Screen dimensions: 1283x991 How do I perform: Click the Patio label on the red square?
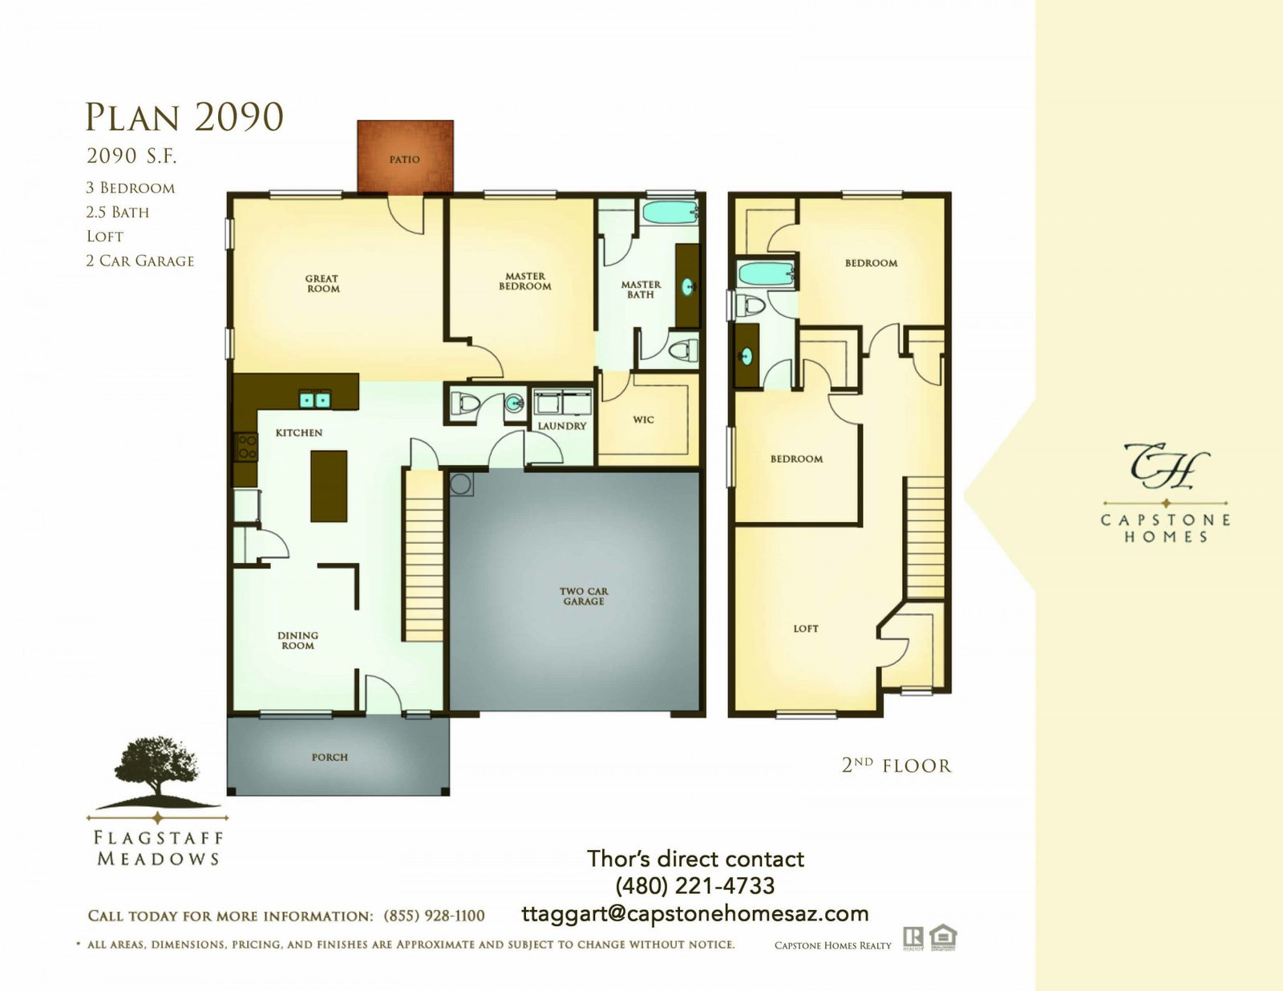[x=404, y=160]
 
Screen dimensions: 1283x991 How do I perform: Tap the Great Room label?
[x=322, y=283]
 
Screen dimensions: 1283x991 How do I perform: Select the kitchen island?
[x=329, y=486]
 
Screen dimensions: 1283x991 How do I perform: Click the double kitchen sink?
[x=314, y=399]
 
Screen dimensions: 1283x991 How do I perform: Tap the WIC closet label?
[x=643, y=419]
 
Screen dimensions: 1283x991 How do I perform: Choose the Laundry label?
[x=562, y=426]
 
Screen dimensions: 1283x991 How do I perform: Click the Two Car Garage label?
[x=583, y=597]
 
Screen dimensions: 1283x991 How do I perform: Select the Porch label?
[x=330, y=757]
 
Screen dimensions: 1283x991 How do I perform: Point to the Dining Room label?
[x=297, y=641]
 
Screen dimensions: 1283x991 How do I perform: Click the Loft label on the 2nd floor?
[x=806, y=629]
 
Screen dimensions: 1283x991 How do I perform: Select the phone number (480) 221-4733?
[x=695, y=885]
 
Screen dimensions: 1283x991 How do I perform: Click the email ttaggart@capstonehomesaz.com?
[x=695, y=914]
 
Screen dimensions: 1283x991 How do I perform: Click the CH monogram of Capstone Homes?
[x=1167, y=467]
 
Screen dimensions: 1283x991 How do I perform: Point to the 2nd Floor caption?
[x=896, y=766]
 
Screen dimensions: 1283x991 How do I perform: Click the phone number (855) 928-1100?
[x=434, y=916]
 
